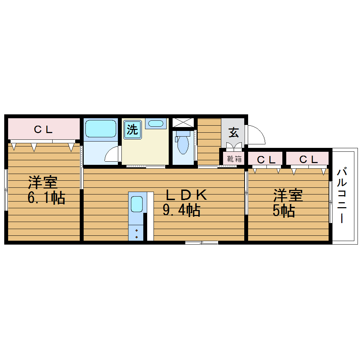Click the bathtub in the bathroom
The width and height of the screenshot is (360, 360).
pyautogui.click(x=101, y=128)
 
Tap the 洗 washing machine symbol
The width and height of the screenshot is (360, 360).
pyautogui.click(x=132, y=130)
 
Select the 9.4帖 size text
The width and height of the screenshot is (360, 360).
pyautogui.click(x=181, y=210)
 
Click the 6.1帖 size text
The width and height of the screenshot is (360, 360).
pyautogui.click(x=46, y=198)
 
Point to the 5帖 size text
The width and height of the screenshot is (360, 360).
pyautogui.click(x=283, y=211)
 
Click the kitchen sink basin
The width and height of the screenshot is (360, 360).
pyautogui.click(x=137, y=204)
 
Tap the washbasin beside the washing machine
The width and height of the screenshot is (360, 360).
pyautogui.click(x=155, y=123)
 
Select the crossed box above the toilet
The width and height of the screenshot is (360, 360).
pyautogui.click(x=183, y=122)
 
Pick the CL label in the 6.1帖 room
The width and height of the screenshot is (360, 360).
pyautogui.click(x=43, y=130)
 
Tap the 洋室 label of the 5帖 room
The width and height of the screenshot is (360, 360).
pyautogui.click(x=288, y=196)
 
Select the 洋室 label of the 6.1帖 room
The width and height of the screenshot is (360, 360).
pyautogui.click(x=43, y=182)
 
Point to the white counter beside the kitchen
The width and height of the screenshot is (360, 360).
pyautogui.click(x=150, y=216)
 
